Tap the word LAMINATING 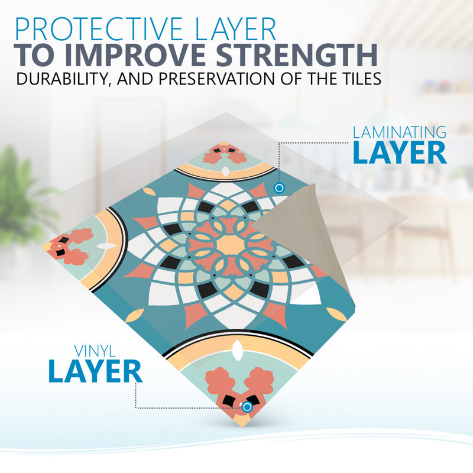tap(400, 132)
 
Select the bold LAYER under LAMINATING tap(400, 153)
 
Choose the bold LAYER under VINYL tap(95, 371)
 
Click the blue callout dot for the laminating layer tap(279, 188)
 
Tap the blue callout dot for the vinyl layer tap(247, 407)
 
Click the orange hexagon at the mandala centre tap(230, 244)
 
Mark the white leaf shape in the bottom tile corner tap(238, 350)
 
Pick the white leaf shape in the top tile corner tap(225, 171)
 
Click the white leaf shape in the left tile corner tap(106, 246)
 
